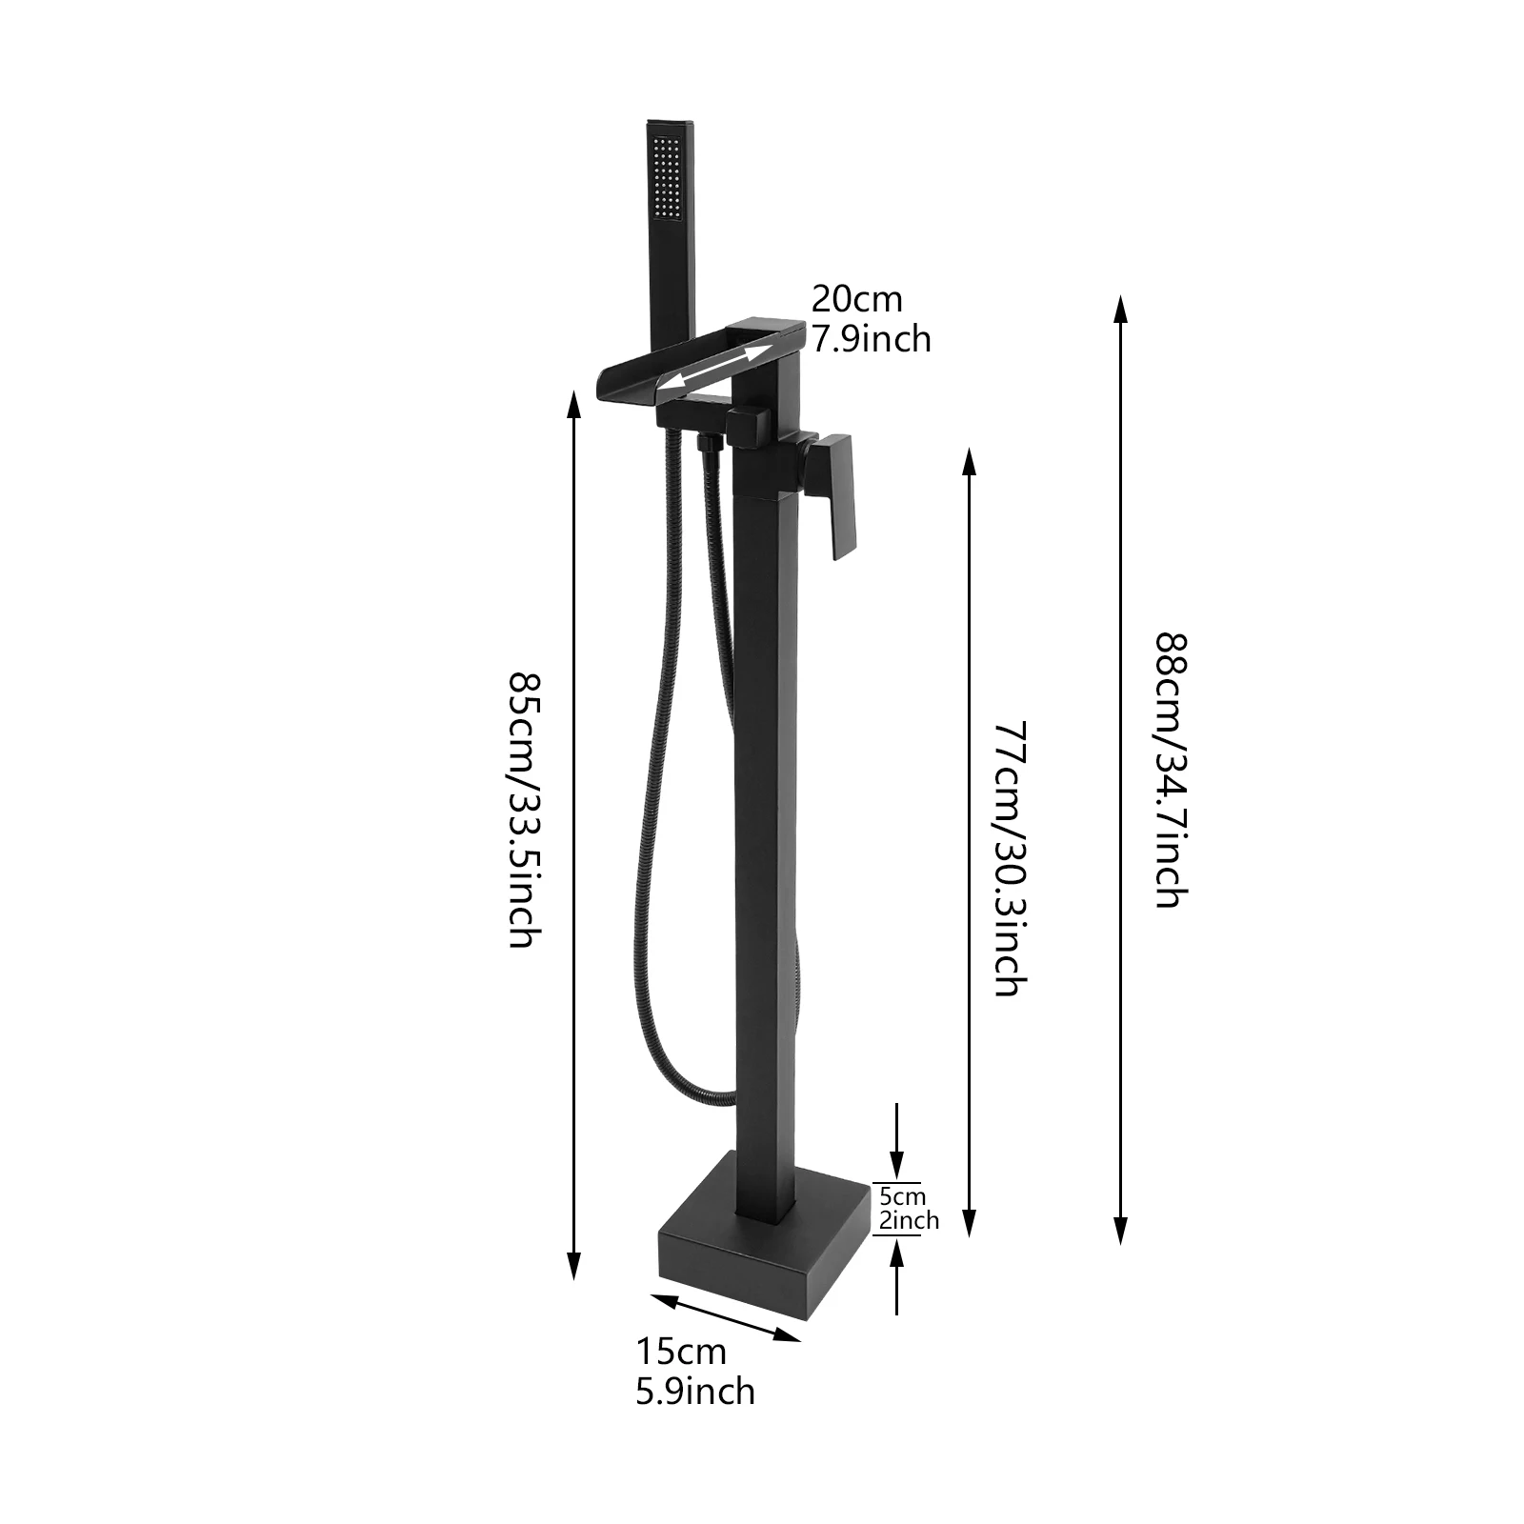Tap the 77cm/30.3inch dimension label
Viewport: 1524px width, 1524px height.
coord(1008,857)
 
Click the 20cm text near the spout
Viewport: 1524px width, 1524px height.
coord(856,299)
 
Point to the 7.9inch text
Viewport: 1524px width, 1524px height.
coord(871,339)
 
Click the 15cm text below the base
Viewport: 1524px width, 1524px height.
coord(681,1351)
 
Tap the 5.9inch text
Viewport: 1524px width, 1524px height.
coord(695,1391)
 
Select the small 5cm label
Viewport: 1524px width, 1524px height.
coord(902,1196)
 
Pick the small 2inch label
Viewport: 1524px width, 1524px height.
coord(909,1220)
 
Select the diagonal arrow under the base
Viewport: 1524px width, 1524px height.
coord(726,1317)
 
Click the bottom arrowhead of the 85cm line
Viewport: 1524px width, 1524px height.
coord(573,1267)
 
